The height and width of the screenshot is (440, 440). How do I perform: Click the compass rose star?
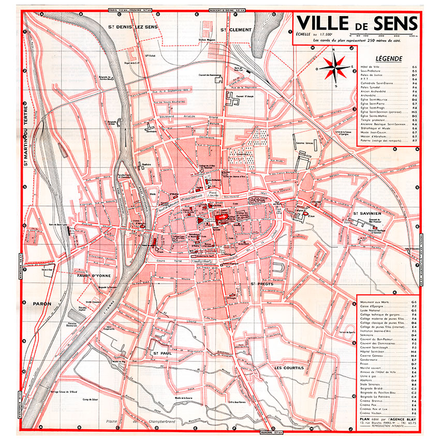[x=334, y=66]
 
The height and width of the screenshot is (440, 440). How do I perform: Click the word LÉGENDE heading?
[x=389, y=58]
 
